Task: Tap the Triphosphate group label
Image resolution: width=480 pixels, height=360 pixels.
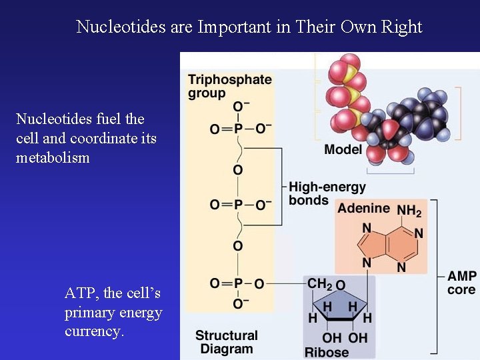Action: pos(229,86)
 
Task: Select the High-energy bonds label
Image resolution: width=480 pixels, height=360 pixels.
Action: pos(327,194)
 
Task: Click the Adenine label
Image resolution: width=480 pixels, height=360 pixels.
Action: pos(363,209)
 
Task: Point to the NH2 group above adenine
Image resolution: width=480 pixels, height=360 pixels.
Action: pos(409,211)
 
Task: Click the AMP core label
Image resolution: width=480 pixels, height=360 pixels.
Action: pos(461,283)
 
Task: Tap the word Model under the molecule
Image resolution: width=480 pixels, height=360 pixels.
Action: pos(343,149)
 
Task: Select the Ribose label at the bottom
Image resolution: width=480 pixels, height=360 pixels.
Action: pos(327,353)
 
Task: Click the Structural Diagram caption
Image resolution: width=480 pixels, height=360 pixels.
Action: pos(226,342)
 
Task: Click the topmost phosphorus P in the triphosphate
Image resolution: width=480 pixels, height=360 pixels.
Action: pos(237,127)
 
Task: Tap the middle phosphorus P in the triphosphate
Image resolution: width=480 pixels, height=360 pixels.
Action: pos(237,205)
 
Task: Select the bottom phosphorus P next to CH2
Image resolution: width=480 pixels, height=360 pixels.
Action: pos(237,284)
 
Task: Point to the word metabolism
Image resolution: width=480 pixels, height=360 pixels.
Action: pos(53,158)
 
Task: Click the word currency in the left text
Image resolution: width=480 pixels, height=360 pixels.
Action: pos(94,331)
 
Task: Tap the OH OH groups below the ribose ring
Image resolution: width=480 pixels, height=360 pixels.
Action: pos(345,337)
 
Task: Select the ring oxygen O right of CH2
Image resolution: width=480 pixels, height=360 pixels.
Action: pos(340,285)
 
